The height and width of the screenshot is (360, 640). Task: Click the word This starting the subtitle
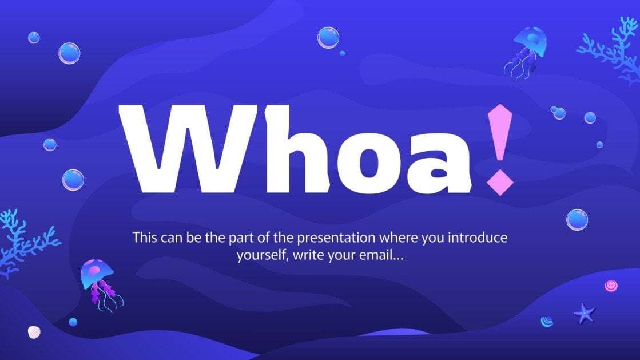tap(144, 237)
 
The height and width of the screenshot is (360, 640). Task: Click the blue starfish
tap(584, 313)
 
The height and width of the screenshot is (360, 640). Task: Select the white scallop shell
tap(34, 332)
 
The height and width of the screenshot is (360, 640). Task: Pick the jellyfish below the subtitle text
tap(98, 279)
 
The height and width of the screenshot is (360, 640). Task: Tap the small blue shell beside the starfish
tap(547, 321)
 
